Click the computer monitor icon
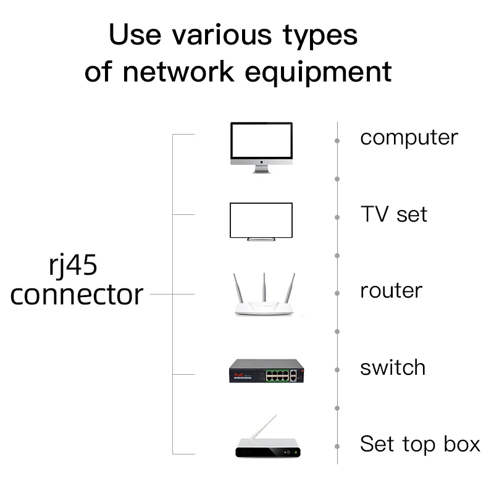(261, 145)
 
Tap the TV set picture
(261, 220)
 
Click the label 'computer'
(409, 138)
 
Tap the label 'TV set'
(393, 214)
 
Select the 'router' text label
(391, 290)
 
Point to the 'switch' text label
(393, 367)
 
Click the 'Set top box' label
(420, 444)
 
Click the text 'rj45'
(73, 266)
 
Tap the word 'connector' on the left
(77, 295)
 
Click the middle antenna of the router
(264, 287)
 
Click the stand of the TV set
(261, 238)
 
